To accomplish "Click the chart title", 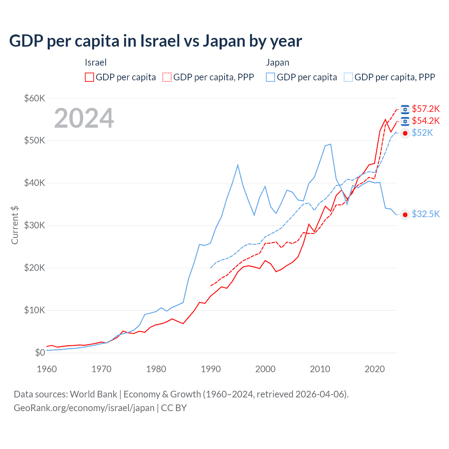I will pyautogui.click(x=155, y=41).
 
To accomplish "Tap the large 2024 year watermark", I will pyautogui.click(x=84, y=118).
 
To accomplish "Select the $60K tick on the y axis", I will pyautogui.click(x=34, y=98).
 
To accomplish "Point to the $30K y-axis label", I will pyautogui.click(x=34, y=225).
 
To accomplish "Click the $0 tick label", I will pyautogui.click(x=40, y=353).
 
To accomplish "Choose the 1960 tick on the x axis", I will pyautogui.click(x=47, y=369).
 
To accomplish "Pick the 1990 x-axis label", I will pyautogui.click(x=211, y=369).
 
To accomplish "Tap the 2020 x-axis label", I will pyautogui.click(x=375, y=369).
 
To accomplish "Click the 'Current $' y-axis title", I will pyautogui.click(x=15, y=225).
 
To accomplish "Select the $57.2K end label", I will pyautogui.click(x=425, y=109).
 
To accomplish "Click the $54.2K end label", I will pyautogui.click(x=425, y=121).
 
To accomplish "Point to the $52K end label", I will pyautogui.click(x=422, y=133).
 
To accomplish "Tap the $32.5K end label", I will pyautogui.click(x=425, y=214).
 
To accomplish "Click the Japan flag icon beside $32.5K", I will pyautogui.click(x=405, y=215).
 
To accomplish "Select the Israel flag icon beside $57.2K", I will pyautogui.click(x=405, y=109).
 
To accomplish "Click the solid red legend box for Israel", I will pyautogui.click(x=89, y=77).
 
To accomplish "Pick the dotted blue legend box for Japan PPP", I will pyautogui.click(x=348, y=77).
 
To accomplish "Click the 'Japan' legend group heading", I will pyautogui.click(x=277, y=62).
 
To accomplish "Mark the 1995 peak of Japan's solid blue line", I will pyautogui.click(x=238, y=165).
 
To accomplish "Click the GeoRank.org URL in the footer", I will pyautogui.click(x=84, y=408).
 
